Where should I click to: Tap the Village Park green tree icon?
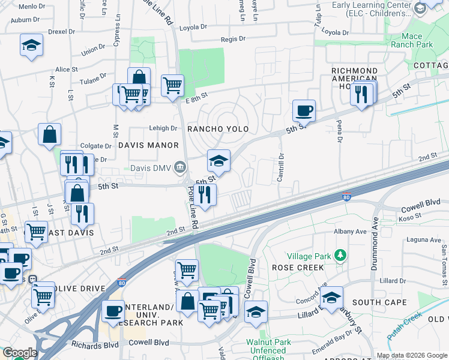341,256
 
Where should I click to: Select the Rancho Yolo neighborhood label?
217,129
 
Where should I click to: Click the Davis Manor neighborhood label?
148,145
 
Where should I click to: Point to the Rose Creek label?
293,268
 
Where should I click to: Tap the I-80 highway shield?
346,197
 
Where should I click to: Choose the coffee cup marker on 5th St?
304,110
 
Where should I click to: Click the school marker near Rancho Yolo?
219,161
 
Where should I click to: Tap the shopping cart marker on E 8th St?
172,85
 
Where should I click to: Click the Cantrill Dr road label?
280,161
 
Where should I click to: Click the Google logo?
19,353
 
